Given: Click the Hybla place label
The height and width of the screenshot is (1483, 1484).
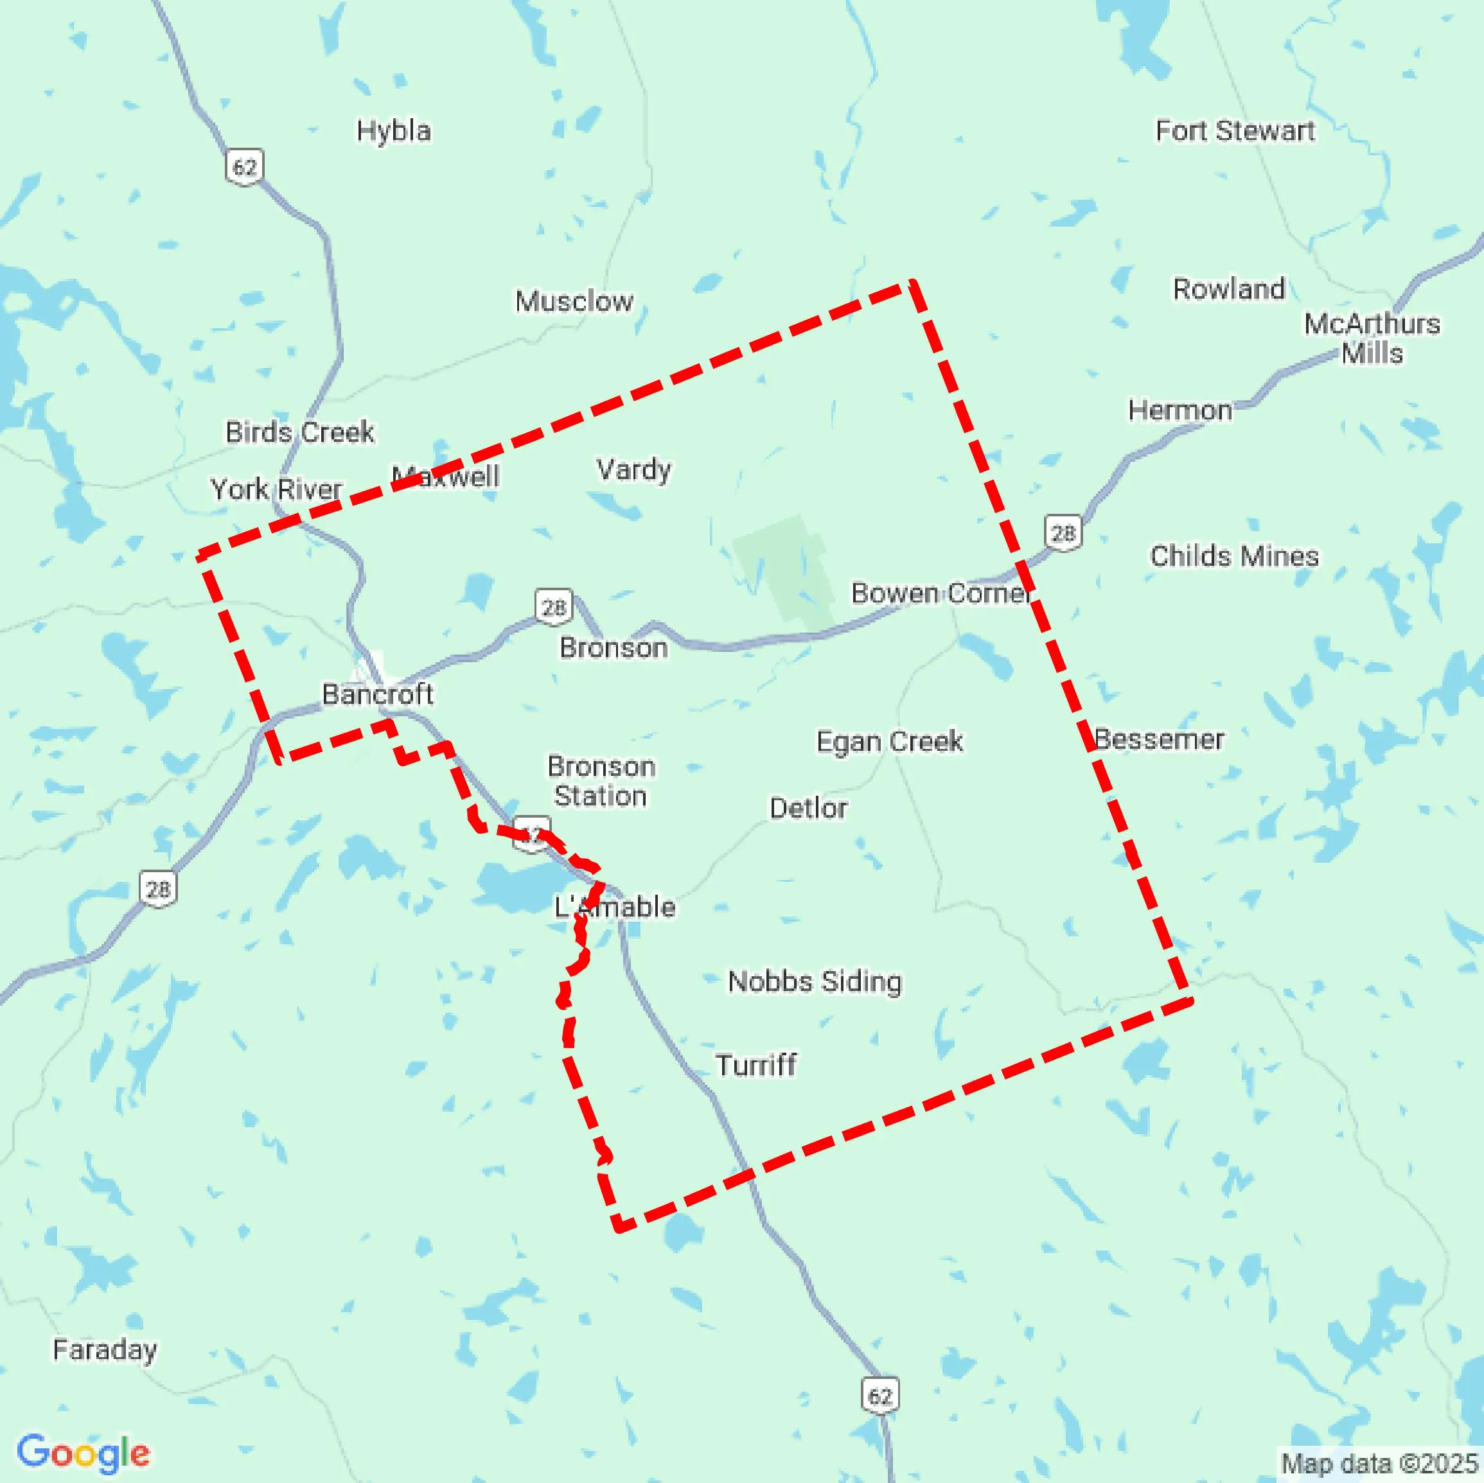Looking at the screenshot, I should tap(393, 131).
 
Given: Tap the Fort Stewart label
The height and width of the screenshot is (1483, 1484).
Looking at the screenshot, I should tap(1235, 131).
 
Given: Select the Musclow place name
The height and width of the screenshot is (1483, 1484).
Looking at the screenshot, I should tap(574, 301).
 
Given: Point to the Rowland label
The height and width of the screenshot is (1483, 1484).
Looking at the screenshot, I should tap(1228, 289).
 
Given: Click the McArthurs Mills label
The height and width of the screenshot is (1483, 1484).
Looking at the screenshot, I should tap(1372, 338).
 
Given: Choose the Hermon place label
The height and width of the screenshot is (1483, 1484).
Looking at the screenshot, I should tap(1180, 410).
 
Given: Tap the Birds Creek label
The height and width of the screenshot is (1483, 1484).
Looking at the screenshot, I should tap(299, 432).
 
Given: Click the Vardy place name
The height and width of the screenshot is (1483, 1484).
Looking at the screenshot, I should tap(633, 469).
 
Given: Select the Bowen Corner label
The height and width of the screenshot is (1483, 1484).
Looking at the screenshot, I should tap(941, 593).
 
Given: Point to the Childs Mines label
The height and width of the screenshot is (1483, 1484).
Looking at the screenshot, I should tap(1233, 556).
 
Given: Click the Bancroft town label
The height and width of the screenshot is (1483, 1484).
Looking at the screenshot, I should tap(377, 694).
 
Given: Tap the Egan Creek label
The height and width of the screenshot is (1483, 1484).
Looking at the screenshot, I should tap(890, 741).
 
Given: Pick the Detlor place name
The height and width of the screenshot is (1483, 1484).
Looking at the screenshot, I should tap(808, 808).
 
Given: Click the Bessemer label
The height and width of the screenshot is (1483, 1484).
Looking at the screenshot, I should tap(1159, 740).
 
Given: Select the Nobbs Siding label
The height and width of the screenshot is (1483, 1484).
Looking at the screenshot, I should tap(814, 981).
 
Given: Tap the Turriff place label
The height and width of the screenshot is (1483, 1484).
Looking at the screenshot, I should tap(756, 1066).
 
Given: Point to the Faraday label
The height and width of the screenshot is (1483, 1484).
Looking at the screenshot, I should tap(105, 1349).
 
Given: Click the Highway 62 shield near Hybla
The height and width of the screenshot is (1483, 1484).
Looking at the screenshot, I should tap(244, 166).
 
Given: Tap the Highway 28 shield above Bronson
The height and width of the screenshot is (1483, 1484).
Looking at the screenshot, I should tap(554, 608).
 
